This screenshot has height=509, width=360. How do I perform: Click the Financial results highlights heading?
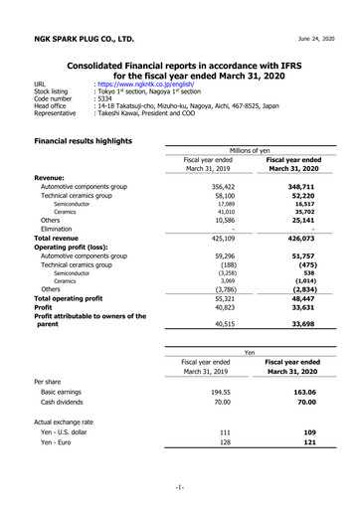click(83, 141)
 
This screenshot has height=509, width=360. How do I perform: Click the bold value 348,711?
click(300, 186)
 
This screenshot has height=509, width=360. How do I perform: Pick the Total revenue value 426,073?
click(300, 239)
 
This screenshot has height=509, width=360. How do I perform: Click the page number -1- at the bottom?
click(179, 486)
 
